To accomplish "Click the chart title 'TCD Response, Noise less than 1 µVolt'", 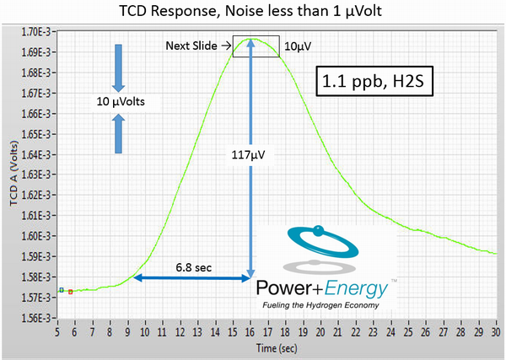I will tap(254, 11).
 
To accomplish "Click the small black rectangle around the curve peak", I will tap(256, 46).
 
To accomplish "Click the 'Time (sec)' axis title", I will tap(277, 346).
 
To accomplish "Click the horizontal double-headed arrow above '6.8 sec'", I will tap(193, 277).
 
